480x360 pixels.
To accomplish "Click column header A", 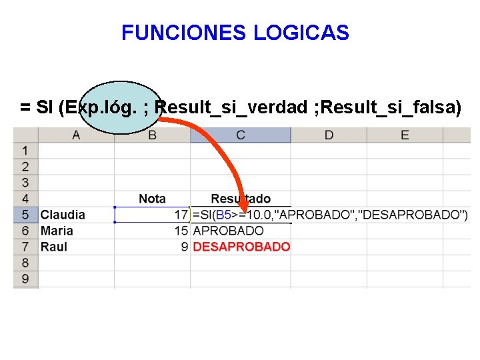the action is click(x=76, y=135).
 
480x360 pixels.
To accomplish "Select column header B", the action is click(x=152, y=135).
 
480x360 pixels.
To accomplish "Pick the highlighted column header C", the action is click(x=240, y=135).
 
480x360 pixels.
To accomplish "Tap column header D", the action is click(x=329, y=135).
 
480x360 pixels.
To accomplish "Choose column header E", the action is click(x=405, y=135).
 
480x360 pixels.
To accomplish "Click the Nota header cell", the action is click(x=152, y=199).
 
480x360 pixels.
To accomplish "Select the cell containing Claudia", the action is click(x=63, y=215).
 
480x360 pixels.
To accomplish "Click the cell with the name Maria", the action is click(x=57, y=231).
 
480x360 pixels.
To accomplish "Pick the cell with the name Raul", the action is click(x=54, y=247).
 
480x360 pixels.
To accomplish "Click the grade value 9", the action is click(x=185, y=247).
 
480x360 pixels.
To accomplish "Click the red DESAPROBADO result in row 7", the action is click(x=241, y=247).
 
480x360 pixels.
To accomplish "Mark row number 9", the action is click(x=25, y=279).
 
